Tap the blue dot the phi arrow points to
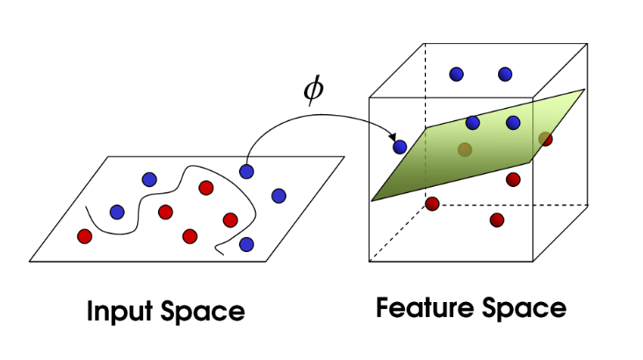coord(400,147)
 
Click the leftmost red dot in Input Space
coord(84,235)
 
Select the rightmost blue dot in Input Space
coord(279,195)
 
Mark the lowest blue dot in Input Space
coord(247,243)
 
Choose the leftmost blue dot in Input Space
coord(117,212)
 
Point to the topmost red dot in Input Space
coord(206,187)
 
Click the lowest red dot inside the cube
coord(497,220)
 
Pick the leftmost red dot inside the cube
coord(431,204)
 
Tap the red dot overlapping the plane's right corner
coord(545,138)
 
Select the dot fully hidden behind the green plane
coord(465,149)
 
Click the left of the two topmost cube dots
coord(456,75)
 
